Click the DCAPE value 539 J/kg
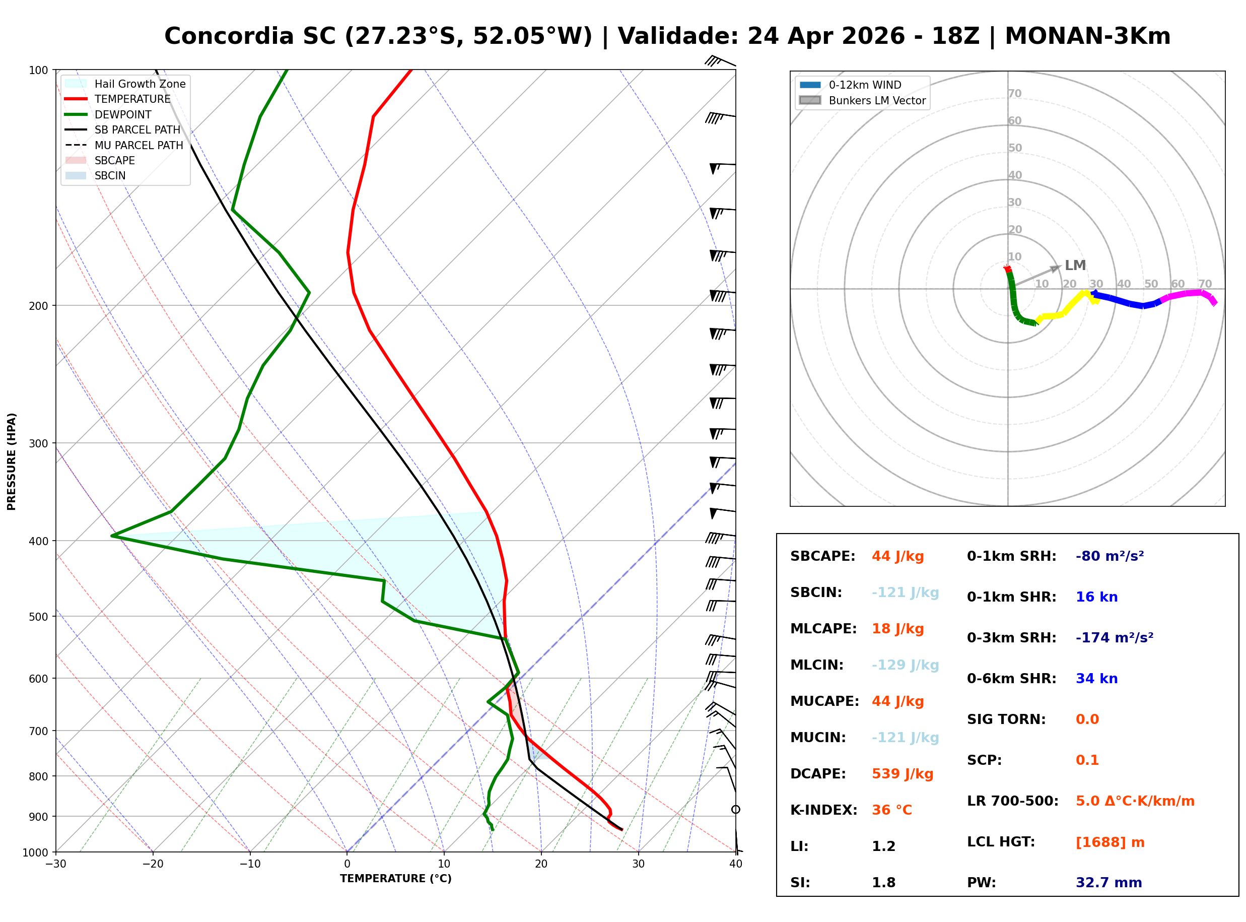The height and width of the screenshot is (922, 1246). coord(902,774)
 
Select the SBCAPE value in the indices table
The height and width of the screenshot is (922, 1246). coord(897,556)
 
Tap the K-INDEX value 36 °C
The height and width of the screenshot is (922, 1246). coord(891,810)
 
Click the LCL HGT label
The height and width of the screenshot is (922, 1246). coord(1001,841)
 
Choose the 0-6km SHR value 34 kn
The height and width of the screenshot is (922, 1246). coord(1096,679)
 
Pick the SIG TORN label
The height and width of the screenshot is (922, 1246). coord(1006,719)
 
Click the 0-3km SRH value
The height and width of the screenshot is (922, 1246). coord(1114,638)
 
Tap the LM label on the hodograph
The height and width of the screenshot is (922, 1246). coord(1075,265)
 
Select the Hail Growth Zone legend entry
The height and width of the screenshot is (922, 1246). coord(140,84)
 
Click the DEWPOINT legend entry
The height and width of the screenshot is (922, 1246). coord(123,114)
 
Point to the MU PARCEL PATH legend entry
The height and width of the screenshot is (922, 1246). coord(139,145)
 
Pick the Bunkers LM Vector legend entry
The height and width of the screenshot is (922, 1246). coord(877,100)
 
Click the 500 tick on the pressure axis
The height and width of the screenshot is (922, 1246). coord(38,617)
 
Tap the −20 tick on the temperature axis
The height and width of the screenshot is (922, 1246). coord(152,864)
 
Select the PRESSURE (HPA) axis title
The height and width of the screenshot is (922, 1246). coord(12,461)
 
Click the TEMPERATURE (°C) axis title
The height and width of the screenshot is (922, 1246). coord(395,879)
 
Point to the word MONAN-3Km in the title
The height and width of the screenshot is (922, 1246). coord(1087,36)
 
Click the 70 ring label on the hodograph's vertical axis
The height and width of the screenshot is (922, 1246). coord(1014,93)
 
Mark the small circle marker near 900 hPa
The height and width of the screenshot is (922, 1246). coord(736,809)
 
